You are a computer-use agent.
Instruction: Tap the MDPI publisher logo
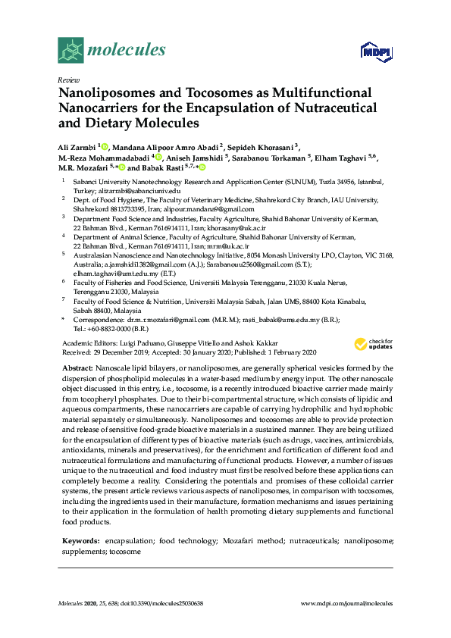point(375,51)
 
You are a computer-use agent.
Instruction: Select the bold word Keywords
point(80,542)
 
